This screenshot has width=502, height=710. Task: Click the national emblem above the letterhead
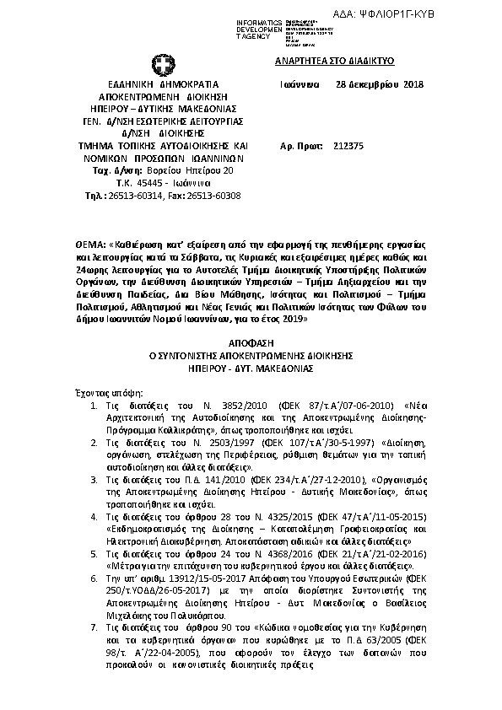161,65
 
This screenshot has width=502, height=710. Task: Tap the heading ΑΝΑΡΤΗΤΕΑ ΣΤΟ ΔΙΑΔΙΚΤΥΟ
336,62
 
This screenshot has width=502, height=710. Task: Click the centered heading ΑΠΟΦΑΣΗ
251,344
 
